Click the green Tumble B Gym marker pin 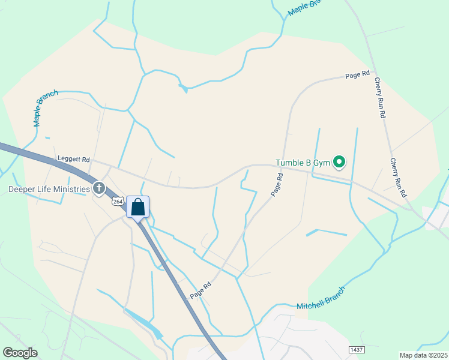pyautogui.click(x=339, y=162)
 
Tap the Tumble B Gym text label pyautogui.click(x=303, y=163)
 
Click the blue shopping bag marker pyautogui.click(x=138, y=208)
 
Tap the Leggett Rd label pyautogui.click(x=73, y=160)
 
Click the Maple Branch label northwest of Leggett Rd pyautogui.click(x=46, y=108)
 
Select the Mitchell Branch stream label pyautogui.click(x=322, y=302)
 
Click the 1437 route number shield pyautogui.click(x=357, y=349)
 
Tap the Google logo pyautogui.click(x=20, y=353)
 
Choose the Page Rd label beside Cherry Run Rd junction pyautogui.click(x=357, y=75)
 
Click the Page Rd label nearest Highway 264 pyautogui.click(x=200, y=290)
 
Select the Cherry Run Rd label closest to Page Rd pyautogui.click(x=379, y=98)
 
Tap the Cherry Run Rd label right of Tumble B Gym pyautogui.click(x=398, y=178)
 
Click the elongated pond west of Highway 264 pyautogui.click(x=144, y=323)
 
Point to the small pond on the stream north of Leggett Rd pyautogui.click(x=182, y=89)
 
